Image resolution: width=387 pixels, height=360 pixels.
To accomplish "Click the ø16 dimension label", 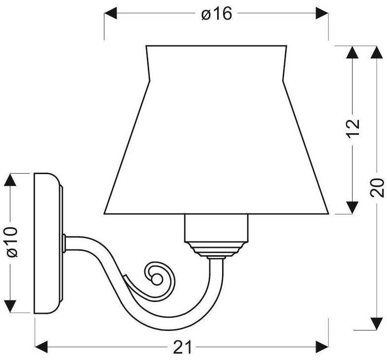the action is tap(217, 14).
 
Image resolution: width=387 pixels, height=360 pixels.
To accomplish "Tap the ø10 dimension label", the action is tap(12, 242).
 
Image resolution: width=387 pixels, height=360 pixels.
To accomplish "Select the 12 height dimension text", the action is tap(353, 129).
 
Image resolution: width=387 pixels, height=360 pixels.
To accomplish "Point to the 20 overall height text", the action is tap(377, 188).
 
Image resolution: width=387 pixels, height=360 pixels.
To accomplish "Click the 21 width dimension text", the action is tap(182, 347).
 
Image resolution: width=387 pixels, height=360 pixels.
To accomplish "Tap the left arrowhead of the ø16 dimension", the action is tap(110, 13).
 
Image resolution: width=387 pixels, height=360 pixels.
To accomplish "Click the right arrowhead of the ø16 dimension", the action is tap(322, 13).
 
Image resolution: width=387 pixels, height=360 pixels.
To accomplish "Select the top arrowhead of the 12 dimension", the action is tap(352, 52).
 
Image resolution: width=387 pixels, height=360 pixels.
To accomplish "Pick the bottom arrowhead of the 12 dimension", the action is tap(352, 208).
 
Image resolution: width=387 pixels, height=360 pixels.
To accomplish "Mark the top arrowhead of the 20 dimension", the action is tap(377, 52).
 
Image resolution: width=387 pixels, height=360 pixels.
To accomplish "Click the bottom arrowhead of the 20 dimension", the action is tap(377, 324).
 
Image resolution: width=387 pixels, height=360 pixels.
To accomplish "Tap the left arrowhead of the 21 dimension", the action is tap(41, 347).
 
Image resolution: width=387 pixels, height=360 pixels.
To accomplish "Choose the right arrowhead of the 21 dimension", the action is tap(322, 347).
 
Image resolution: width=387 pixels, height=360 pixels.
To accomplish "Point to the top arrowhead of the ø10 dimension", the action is tap(10, 180).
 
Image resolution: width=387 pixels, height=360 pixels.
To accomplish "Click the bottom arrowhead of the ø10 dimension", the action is tap(10, 307).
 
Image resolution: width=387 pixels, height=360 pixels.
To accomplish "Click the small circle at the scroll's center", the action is tap(157, 279).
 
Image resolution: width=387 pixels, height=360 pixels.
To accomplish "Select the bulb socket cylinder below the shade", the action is tap(216, 228).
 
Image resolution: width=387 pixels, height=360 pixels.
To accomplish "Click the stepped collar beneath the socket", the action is tap(216, 249).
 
